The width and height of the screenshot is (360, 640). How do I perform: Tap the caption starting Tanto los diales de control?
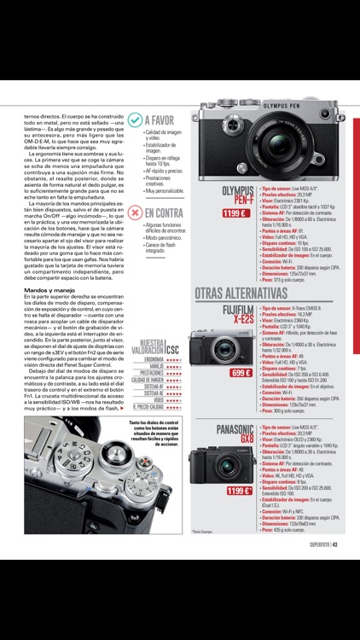pos(154,433)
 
